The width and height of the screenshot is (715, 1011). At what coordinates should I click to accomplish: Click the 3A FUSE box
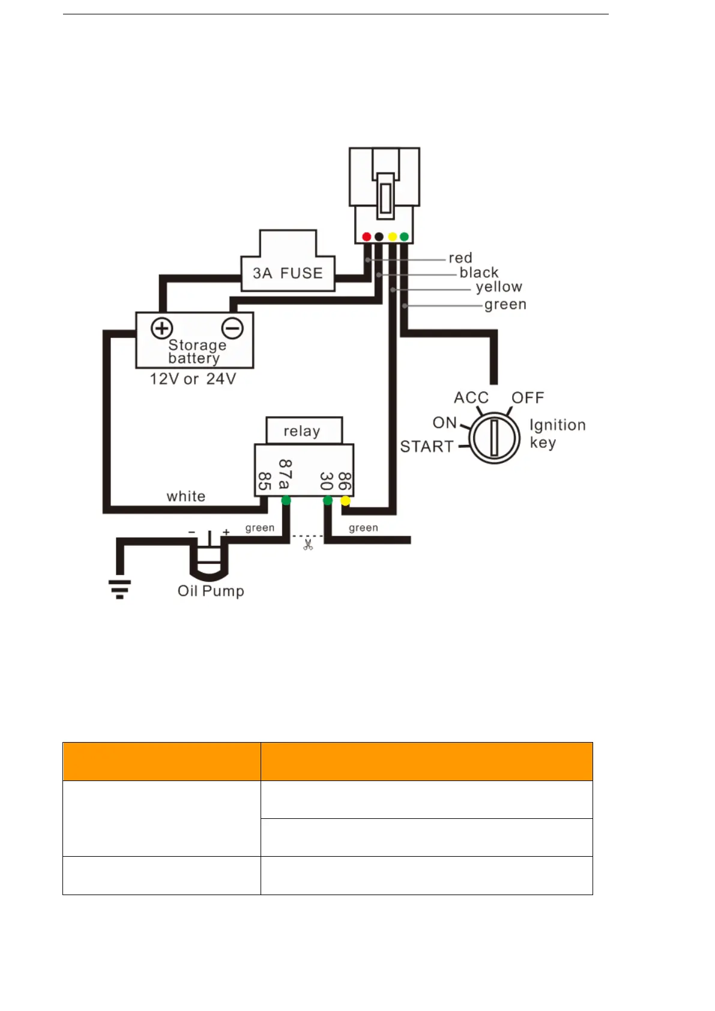coord(288,273)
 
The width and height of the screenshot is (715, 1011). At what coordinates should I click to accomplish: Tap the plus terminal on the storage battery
coord(161,328)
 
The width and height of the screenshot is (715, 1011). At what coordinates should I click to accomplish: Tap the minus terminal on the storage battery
coord(232,328)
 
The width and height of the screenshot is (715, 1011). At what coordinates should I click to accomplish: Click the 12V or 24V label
coord(193,379)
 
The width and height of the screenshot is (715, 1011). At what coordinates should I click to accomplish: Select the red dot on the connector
coord(366,237)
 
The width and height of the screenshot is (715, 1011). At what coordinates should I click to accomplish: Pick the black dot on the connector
coord(379,237)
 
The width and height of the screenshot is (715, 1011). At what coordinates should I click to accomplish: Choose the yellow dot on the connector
coord(392,237)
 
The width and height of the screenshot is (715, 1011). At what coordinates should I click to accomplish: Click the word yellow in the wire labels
coord(499,287)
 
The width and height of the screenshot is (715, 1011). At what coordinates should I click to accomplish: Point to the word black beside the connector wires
coord(479,273)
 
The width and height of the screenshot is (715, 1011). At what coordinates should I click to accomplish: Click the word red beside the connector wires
coord(460,258)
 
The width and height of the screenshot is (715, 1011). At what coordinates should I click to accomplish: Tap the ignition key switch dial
coord(493,438)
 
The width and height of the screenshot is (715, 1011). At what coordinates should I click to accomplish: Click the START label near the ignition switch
coord(427,447)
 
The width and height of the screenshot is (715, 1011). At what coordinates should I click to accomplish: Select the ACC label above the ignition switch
coord(471,397)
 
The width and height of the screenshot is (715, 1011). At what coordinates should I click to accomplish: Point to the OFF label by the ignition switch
coord(528,397)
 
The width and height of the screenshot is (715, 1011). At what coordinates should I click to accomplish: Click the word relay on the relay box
coord(302,431)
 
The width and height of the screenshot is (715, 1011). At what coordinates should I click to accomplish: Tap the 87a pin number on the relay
coord(285,474)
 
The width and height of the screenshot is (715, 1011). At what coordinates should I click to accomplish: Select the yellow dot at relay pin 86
coord(345,501)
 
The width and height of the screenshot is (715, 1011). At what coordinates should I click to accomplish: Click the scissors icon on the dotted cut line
coord(308,545)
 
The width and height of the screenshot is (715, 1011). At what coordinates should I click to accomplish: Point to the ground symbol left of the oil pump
coord(119,588)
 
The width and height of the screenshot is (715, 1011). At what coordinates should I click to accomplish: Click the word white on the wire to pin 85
coord(186,496)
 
